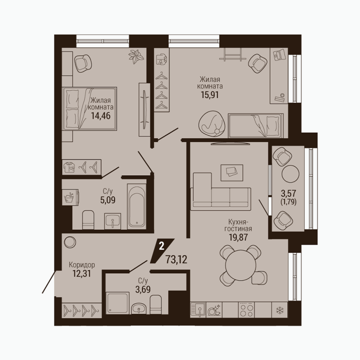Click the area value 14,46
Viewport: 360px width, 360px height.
pos(101,116)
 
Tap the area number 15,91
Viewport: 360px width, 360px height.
pos(210,95)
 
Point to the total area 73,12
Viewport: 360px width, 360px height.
pos(176,260)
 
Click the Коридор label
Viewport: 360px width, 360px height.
pos(82,265)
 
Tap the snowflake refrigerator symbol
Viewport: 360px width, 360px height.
pos(280,311)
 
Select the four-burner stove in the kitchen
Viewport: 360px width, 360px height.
pos(246,310)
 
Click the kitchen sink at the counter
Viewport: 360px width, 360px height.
pos(198,310)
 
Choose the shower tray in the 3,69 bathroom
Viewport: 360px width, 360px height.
pos(118,303)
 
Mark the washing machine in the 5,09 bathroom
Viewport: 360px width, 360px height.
pos(70,197)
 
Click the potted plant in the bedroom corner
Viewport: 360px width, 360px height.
pos(136,56)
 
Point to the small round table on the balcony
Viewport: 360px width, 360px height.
pos(291,174)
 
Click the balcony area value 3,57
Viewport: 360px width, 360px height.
pos(289,193)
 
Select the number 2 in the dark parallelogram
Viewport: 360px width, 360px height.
pos(162,247)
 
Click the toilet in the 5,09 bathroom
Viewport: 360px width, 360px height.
pos(88,219)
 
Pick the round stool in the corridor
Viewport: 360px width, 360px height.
pos(69,242)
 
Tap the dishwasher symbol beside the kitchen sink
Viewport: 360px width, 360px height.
pos(214,310)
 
